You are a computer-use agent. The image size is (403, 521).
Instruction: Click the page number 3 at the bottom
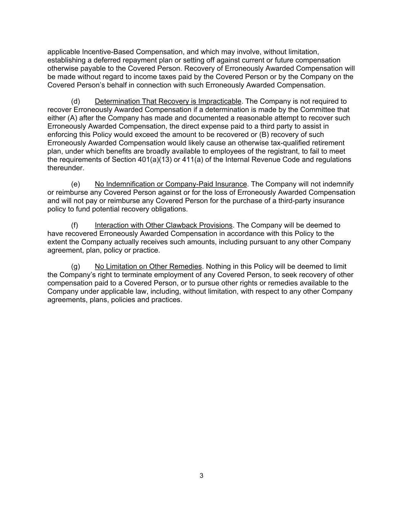coord(201,476)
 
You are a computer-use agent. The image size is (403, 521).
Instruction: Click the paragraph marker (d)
coord(76,101)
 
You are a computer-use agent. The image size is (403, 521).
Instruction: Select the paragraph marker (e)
coord(76,184)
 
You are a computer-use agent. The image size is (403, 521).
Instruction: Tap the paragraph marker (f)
coord(75,225)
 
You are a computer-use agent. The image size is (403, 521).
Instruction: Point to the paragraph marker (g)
coord(76,266)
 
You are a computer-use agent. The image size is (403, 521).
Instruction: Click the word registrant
coord(277,151)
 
